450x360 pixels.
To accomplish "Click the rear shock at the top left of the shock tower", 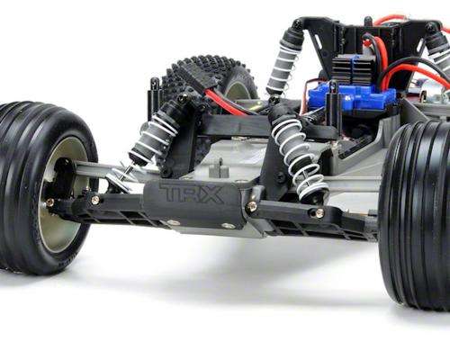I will click(x=285, y=58).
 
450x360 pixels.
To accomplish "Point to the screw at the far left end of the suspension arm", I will click(x=95, y=200).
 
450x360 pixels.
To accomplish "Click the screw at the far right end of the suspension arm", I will click(x=319, y=212).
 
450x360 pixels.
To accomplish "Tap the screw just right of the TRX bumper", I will click(x=251, y=206).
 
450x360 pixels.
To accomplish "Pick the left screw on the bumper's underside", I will click(x=173, y=221).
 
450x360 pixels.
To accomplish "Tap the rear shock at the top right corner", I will click(x=439, y=49).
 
